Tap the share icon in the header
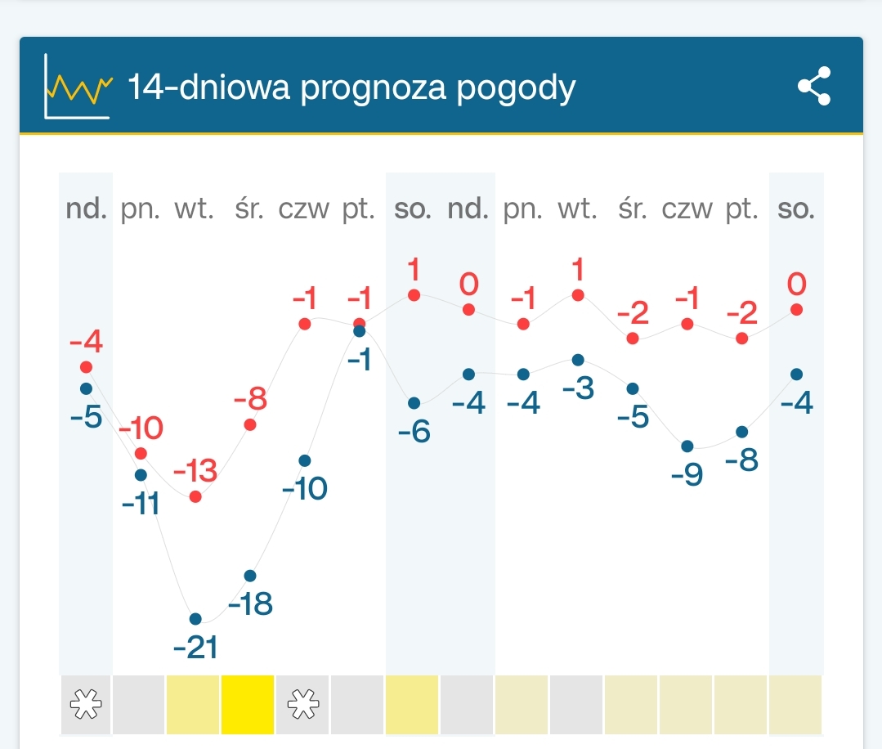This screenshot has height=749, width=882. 814,86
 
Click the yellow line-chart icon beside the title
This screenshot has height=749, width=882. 78,87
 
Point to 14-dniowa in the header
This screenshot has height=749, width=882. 208,87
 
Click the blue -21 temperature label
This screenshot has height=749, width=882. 196,648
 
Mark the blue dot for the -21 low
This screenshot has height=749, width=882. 195,618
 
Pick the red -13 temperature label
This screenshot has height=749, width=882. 195,471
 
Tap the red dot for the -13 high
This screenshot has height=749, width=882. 195,496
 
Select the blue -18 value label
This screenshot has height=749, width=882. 250,604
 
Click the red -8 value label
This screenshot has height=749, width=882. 250,401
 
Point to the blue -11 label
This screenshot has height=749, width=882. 141,504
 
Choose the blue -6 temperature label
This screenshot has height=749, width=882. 414,431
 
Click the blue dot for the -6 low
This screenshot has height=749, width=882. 414,403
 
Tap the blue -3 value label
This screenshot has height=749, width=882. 578,388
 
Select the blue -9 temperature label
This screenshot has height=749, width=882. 687,474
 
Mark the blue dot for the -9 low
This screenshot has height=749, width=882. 687,446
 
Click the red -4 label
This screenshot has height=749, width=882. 86,339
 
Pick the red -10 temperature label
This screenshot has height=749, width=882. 141,428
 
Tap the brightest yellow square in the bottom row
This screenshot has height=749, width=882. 247,704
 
